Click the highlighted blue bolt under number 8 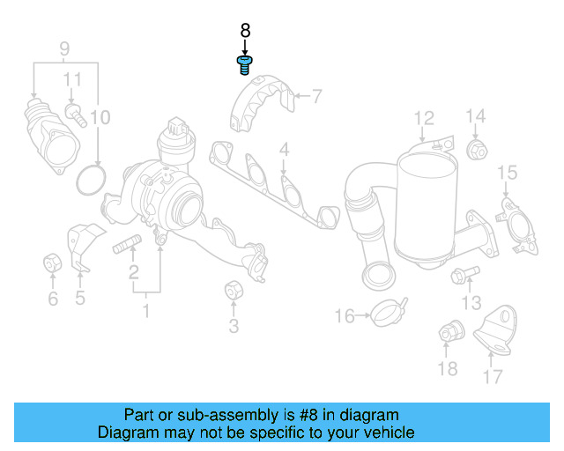click(x=245, y=64)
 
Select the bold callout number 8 click(x=245, y=31)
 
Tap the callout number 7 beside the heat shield click(x=316, y=95)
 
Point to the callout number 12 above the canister click(x=424, y=117)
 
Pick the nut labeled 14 click(x=478, y=150)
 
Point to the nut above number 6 click(x=52, y=262)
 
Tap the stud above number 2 click(x=128, y=245)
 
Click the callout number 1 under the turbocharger click(x=146, y=310)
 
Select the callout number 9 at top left click(x=63, y=47)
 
